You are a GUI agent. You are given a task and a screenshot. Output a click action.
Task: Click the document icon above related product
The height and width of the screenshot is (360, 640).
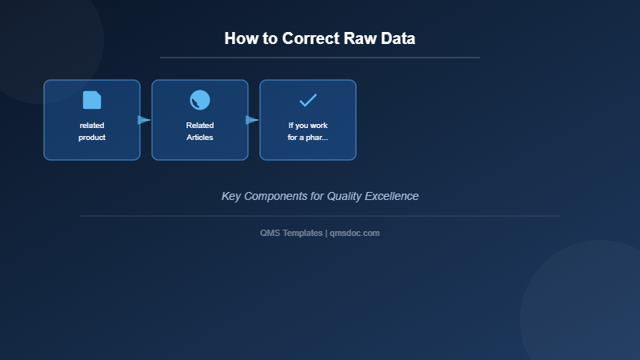pyautogui.click(x=92, y=100)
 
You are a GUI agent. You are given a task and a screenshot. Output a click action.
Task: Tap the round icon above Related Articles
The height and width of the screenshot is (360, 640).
pyautogui.click(x=200, y=100)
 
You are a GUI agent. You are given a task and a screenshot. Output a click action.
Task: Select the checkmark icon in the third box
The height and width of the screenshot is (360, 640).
pyautogui.click(x=308, y=100)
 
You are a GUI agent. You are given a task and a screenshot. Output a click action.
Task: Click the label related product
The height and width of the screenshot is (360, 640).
pyautogui.click(x=92, y=131)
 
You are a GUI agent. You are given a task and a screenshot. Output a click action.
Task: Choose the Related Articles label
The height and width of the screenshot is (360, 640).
pyautogui.click(x=200, y=131)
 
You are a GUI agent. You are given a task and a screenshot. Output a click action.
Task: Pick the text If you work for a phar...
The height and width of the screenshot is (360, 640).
pyautogui.click(x=308, y=131)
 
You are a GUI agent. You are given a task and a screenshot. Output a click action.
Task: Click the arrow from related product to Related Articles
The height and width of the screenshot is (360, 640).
pyautogui.click(x=144, y=120)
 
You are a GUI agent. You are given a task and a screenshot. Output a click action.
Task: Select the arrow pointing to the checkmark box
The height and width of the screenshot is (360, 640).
pyautogui.click(x=252, y=120)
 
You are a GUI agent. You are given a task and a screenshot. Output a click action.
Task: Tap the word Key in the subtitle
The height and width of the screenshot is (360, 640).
pyautogui.click(x=230, y=196)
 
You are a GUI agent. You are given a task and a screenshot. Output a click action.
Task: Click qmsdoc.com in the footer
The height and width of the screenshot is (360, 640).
pyautogui.click(x=354, y=233)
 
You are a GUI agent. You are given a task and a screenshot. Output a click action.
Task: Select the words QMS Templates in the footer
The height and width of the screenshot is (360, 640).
pyautogui.click(x=291, y=233)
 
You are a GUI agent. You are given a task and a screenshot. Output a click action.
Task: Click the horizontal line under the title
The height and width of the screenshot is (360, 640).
pyautogui.click(x=320, y=58)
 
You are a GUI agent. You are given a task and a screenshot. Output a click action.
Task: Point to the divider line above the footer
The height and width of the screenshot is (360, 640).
pyautogui.click(x=320, y=216)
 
